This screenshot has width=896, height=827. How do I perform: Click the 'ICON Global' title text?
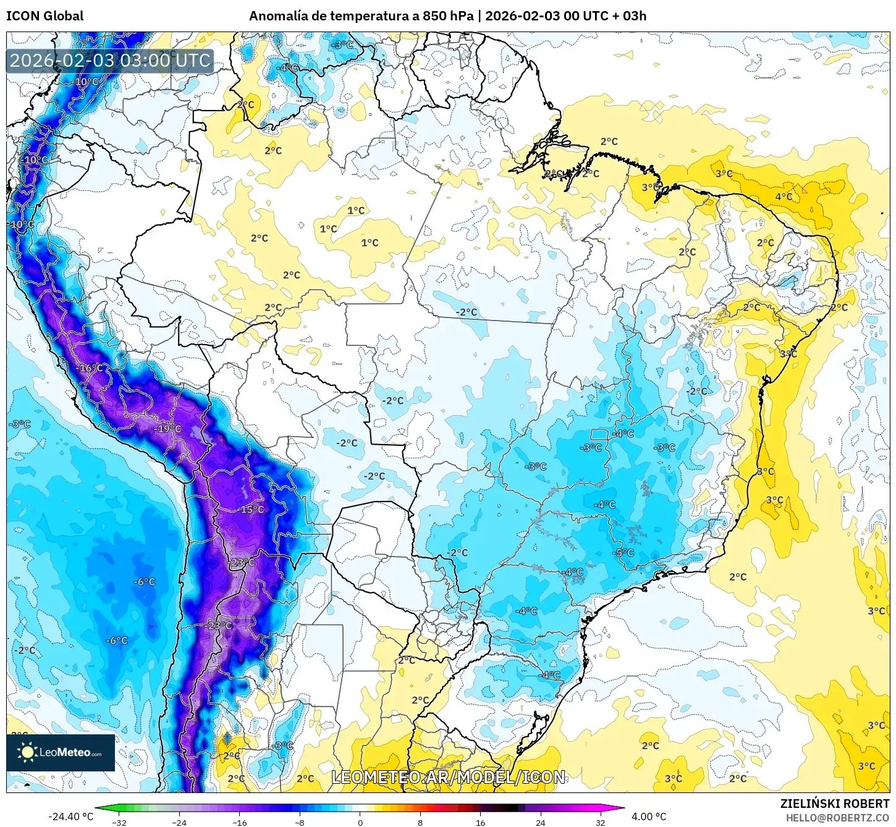[44, 16]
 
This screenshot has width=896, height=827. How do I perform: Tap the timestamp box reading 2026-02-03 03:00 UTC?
[110, 61]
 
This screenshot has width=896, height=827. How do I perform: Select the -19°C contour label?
[167, 429]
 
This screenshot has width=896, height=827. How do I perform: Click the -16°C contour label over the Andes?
[90, 368]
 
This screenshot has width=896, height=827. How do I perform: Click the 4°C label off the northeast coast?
[784, 197]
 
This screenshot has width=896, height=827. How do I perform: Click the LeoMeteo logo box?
[61, 752]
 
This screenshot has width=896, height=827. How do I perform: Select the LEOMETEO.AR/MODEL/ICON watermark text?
[448, 777]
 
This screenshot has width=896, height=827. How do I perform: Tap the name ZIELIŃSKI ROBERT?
[834, 804]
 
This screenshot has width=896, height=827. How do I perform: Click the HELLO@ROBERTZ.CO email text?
[837, 818]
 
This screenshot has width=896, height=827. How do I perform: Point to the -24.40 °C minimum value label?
[70, 817]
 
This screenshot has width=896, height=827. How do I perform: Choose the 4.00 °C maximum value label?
[648, 817]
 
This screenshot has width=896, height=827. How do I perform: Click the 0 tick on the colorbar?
[360, 823]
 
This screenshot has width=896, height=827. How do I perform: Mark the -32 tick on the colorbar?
[119, 823]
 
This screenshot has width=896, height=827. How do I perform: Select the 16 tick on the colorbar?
[480, 823]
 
